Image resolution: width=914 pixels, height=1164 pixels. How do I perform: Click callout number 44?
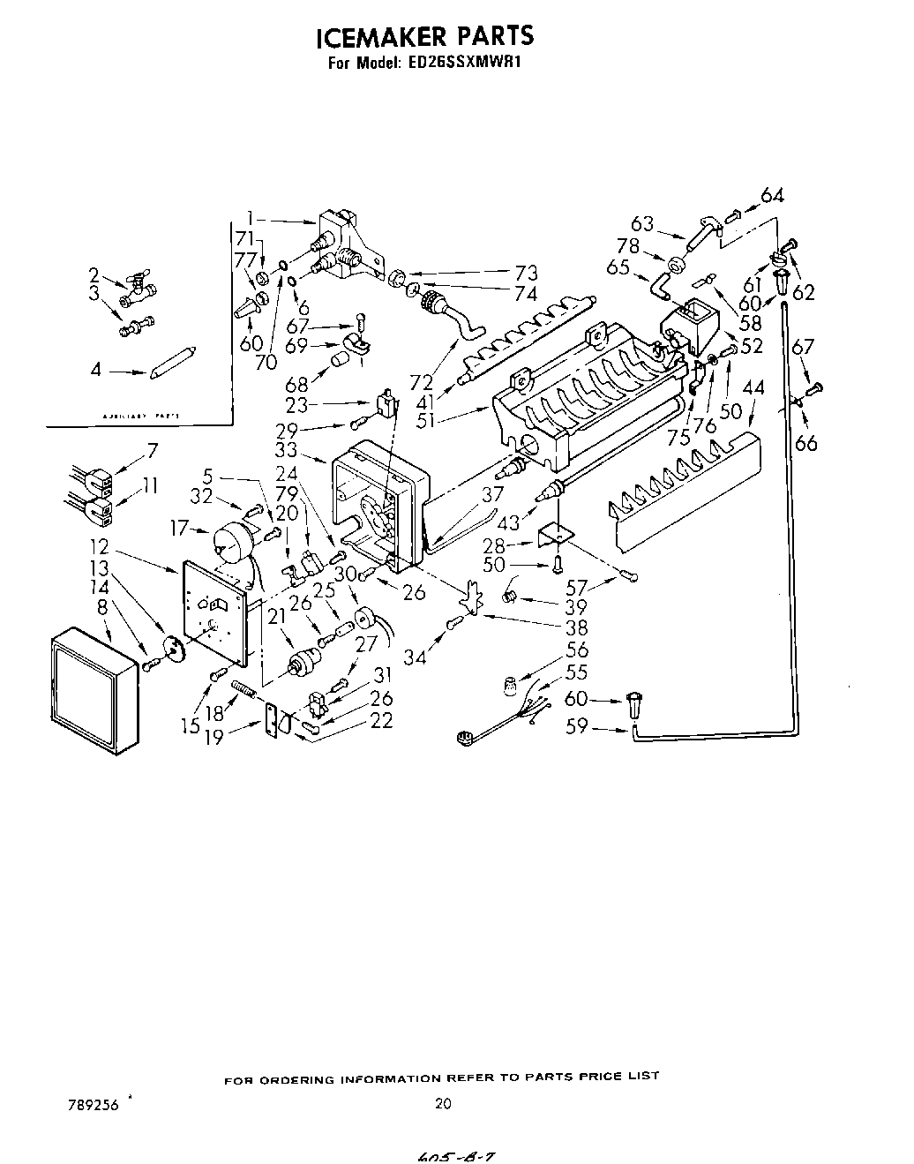point(753,387)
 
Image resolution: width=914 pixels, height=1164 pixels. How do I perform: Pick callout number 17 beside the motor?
point(181,529)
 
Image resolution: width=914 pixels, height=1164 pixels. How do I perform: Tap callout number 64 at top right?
point(772,195)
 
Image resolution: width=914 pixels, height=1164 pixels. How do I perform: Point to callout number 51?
point(425,421)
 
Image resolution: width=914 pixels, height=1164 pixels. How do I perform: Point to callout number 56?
point(578,650)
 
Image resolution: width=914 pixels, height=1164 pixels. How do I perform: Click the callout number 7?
point(153,450)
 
